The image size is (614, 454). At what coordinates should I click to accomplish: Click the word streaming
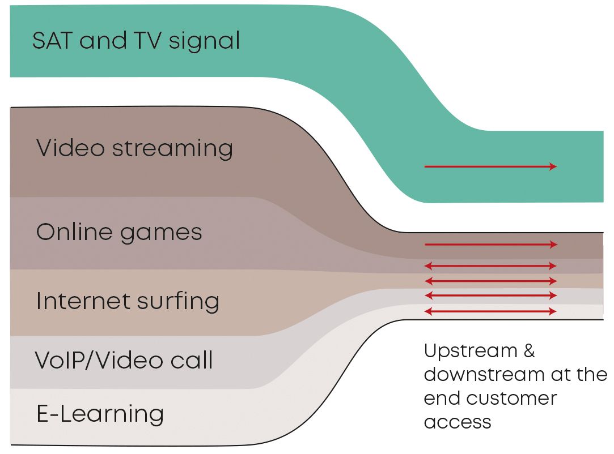(172, 149)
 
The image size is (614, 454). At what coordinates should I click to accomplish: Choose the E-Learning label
(100, 414)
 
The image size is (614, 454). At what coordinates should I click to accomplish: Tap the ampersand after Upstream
(529, 351)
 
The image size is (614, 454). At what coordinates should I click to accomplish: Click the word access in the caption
(458, 422)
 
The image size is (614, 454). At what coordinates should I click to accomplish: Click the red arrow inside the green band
(490, 166)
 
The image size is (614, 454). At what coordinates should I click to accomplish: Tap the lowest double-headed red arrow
(490, 311)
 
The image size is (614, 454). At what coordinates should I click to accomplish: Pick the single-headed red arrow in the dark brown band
(490, 245)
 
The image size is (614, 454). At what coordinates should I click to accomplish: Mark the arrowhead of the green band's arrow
(553, 166)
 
